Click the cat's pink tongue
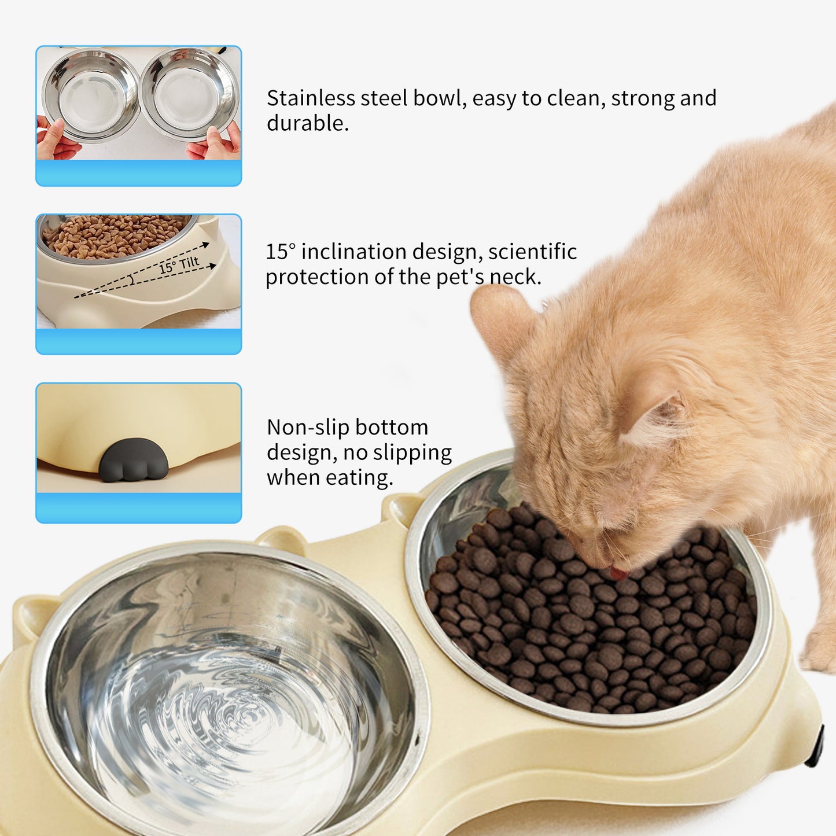pyautogui.click(x=618, y=573)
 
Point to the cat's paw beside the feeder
pyautogui.click(x=820, y=650)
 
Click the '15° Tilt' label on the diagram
pyautogui.click(x=179, y=265)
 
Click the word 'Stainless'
pyautogui.click(x=311, y=98)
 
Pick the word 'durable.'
pyautogui.click(x=307, y=123)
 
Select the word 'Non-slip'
pyautogui.click(x=299, y=428)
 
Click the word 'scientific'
pyautogui.click(x=532, y=252)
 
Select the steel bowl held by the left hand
pyautogui.click(x=91, y=95)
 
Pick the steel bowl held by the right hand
pyautogui.click(x=189, y=94)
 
